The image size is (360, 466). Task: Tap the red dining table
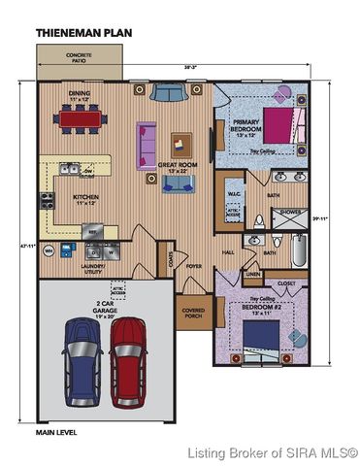[80, 119]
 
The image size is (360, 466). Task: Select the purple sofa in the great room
[147, 142]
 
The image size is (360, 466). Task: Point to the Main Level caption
[57, 431]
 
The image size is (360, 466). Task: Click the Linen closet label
[250, 275]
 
